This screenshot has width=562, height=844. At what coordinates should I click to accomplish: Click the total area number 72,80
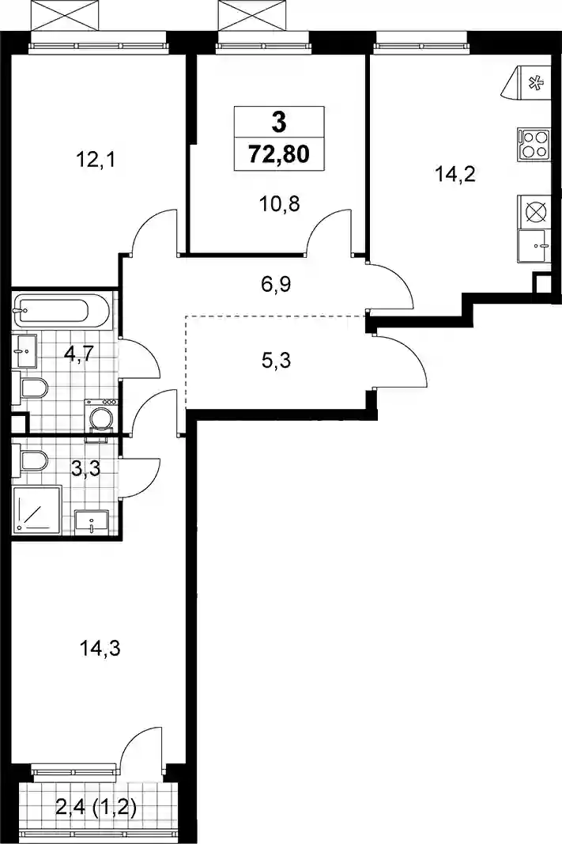coord(279,154)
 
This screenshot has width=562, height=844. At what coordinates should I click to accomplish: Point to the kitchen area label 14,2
coord(455,174)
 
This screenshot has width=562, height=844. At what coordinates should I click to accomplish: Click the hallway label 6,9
coord(276,283)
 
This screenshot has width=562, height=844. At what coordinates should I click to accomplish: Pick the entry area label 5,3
coord(276,360)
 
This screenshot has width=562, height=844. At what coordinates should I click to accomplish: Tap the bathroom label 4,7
coord(79,354)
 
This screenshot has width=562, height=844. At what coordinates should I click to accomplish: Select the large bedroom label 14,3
coord(100,649)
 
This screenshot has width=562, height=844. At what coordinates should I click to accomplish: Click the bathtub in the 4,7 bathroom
coord(62,311)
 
